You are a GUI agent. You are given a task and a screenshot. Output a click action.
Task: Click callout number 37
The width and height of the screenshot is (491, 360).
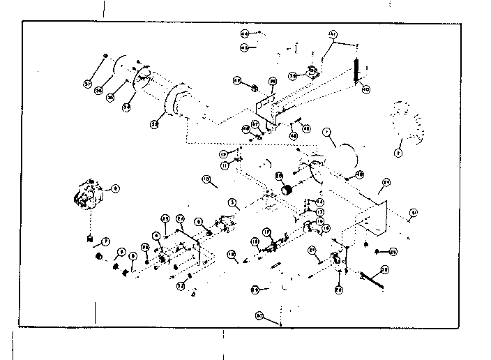point(89,84)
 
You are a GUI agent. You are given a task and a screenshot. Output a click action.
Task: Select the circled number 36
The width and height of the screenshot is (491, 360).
point(100,89)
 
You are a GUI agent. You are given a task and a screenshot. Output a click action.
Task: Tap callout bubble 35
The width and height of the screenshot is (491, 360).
point(110,98)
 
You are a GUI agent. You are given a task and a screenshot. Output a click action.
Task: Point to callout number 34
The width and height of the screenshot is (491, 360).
point(127,107)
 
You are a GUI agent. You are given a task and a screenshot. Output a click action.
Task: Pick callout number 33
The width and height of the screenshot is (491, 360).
point(153,124)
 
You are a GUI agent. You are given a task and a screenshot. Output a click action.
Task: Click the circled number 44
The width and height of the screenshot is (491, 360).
point(245,33)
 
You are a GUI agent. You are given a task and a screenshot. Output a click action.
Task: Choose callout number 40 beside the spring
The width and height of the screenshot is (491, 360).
point(366,89)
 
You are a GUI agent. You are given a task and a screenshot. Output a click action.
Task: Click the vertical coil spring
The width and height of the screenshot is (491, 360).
point(357,70)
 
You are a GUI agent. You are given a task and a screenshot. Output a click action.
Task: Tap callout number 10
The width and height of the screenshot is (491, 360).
point(206,179)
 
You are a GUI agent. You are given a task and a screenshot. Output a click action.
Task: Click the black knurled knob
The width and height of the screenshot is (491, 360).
point(285,190)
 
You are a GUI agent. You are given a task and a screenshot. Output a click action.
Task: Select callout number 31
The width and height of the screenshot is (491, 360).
point(414,213)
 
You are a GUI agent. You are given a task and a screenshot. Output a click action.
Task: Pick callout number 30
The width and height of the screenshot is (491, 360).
point(259,317)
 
